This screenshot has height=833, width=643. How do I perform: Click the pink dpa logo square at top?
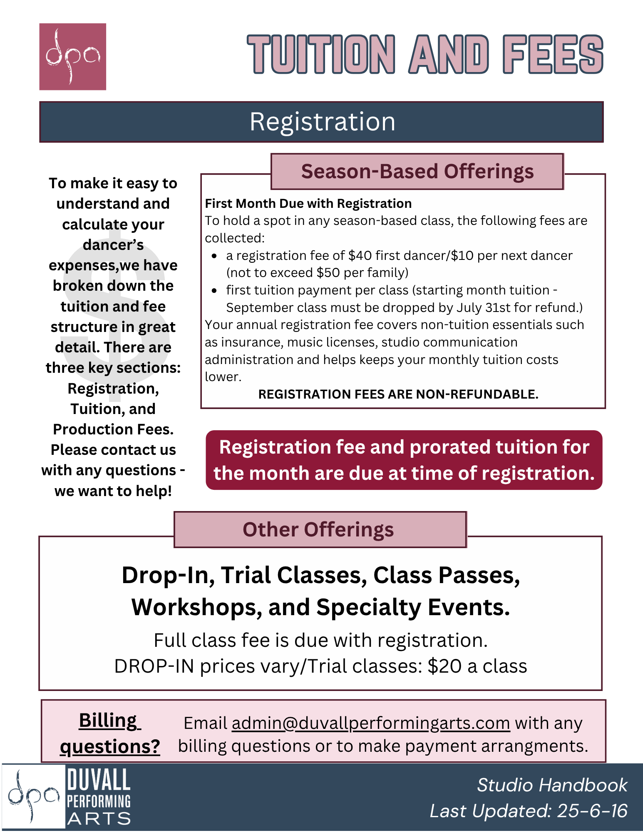(72, 57)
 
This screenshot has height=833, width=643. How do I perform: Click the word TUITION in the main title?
(321, 55)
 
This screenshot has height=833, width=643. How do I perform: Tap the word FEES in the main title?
(553, 55)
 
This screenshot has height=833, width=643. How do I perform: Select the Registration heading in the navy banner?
(322, 122)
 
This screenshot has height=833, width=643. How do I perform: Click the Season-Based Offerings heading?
(417, 172)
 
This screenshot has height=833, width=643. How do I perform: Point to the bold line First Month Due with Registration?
(308, 204)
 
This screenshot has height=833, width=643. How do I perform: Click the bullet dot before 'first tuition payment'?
(214, 290)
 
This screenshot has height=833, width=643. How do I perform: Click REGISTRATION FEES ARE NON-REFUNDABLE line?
(398, 394)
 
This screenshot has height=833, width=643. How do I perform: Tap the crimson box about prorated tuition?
(404, 460)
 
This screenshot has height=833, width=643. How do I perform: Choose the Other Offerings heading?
(318, 530)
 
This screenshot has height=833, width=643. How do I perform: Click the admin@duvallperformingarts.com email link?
(370, 723)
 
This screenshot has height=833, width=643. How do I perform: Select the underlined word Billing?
(108, 721)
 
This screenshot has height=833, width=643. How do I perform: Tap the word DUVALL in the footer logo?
(99, 780)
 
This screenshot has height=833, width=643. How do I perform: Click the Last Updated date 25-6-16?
(592, 811)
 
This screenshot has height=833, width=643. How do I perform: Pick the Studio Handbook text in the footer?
(552, 786)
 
